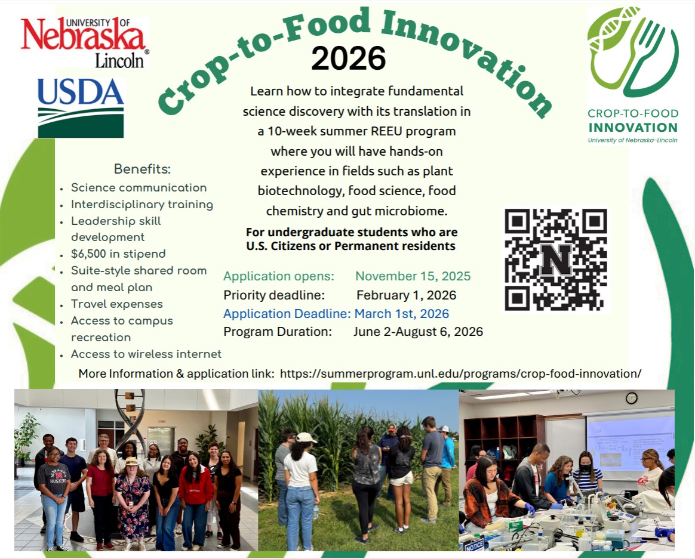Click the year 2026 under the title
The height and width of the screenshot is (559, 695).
[x=348, y=58]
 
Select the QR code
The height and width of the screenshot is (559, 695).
[x=556, y=260]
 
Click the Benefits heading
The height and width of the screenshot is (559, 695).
[x=142, y=169]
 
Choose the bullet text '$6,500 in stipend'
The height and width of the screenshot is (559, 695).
[x=118, y=254]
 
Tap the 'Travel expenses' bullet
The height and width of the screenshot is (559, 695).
[x=116, y=304]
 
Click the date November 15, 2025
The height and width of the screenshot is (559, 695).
[x=413, y=276]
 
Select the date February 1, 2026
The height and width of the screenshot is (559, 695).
[x=406, y=295]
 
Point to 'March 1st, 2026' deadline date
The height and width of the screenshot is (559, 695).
[x=401, y=314]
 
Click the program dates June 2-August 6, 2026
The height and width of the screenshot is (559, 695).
[x=418, y=332]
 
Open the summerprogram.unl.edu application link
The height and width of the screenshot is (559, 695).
[x=460, y=373]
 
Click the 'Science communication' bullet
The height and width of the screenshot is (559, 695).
[x=139, y=188]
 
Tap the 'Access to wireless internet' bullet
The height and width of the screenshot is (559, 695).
[x=146, y=354]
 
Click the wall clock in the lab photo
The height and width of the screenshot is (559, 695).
[x=631, y=398]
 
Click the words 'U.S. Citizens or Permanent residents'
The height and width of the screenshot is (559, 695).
[x=351, y=246]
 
